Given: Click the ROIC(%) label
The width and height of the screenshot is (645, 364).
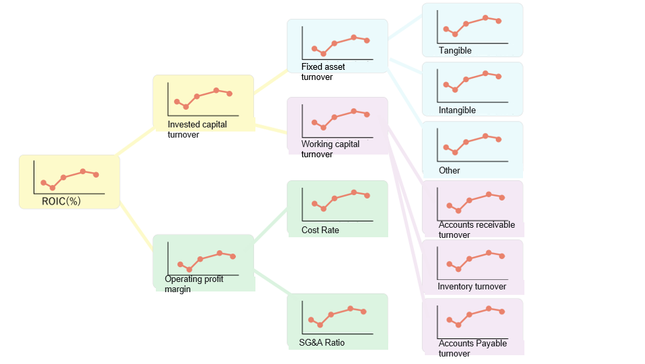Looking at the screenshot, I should [x=61, y=201].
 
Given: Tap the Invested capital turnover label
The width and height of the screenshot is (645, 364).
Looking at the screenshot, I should [x=197, y=129].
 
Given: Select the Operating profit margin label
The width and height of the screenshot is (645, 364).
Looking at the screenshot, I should [x=194, y=284].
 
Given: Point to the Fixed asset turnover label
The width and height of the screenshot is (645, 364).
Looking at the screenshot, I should [x=323, y=72].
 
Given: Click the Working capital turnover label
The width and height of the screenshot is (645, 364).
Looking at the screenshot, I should [x=331, y=149].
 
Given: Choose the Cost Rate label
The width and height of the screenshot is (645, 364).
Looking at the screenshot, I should [x=320, y=230].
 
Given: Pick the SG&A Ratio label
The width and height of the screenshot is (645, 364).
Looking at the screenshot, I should [x=322, y=343].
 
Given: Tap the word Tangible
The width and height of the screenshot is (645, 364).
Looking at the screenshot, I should [x=455, y=51].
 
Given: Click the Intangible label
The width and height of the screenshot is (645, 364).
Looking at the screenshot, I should [x=457, y=110].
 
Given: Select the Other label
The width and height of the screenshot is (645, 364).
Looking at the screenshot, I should [x=449, y=171].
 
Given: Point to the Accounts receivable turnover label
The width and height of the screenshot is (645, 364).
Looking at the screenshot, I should [x=476, y=230].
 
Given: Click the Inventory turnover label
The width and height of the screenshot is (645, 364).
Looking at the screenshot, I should [x=472, y=287].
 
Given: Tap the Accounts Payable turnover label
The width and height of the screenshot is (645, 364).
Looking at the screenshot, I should [x=472, y=348].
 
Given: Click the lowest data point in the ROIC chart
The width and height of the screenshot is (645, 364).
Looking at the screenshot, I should [x=53, y=188].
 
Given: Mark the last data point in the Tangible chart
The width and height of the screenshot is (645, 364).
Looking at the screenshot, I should [x=499, y=21].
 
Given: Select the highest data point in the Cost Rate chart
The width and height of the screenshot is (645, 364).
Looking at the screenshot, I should [x=354, y=193].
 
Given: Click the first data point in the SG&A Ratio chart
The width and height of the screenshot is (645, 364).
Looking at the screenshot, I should [x=311, y=319].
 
